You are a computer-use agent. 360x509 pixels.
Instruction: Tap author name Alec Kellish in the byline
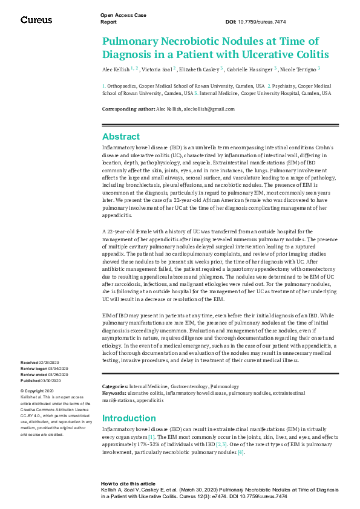point(117,70)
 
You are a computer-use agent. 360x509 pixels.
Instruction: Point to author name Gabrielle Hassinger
point(250,70)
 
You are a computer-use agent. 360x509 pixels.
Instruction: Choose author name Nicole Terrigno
point(298,70)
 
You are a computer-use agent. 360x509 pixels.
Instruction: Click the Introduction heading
point(129,418)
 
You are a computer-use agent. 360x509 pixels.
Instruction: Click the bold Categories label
point(115,386)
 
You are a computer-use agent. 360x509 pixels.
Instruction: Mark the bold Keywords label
point(114,392)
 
